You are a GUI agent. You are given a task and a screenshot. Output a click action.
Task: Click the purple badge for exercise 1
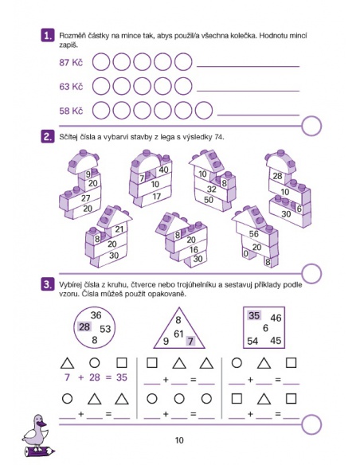(x=48, y=36)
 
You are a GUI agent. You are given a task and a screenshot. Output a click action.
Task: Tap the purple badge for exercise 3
(x=48, y=284)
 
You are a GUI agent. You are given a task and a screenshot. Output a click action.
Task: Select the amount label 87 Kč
(x=71, y=62)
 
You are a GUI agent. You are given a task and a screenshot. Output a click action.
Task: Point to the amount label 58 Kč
(x=71, y=111)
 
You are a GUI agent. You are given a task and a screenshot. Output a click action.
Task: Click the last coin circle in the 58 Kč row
(x=204, y=111)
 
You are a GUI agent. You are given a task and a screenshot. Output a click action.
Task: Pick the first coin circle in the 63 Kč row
(x=101, y=86)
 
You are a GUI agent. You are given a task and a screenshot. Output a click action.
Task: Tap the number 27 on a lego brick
(x=86, y=197)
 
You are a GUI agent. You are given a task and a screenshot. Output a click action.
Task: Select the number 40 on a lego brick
(x=164, y=170)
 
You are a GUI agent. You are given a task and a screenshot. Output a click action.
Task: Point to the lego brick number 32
(x=212, y=189)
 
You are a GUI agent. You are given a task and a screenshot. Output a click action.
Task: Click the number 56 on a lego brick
(x=254, y=233)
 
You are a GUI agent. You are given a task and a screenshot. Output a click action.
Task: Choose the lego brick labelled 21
(x=119, y=229)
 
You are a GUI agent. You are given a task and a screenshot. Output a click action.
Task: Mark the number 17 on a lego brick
(x=157, y=196)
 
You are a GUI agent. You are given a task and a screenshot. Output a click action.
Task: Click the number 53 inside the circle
(x=105, y=329)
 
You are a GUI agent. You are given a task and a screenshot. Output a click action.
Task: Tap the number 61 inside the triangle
(x=178, y=334)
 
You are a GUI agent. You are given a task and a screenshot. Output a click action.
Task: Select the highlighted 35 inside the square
(x=254, y=315)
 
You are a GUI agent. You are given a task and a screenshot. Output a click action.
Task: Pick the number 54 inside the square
(x=252, y=341)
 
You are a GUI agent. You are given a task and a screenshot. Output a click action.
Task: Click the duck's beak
(x=43, y=424)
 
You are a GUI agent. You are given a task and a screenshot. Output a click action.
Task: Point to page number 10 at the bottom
(x=179, y=440)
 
